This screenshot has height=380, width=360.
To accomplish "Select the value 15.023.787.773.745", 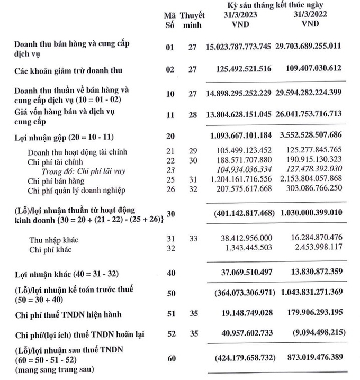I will (x=238, y=47).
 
